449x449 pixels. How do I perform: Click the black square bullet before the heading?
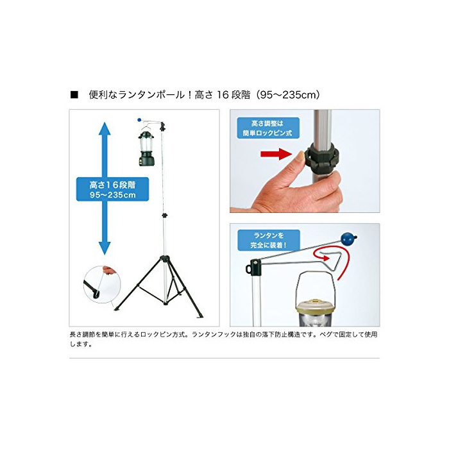pyautogui.click(x=74, y=95)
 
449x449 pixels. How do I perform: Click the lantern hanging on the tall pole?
pyautogui.click(x=146, y=148)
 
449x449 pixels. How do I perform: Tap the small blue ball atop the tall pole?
pyautogui.click(x=139, y=120)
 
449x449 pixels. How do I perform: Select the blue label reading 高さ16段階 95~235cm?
pyautogui.click(x=112, y=189)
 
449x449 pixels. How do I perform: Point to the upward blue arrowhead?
pyautogui.click(x=105, y=128)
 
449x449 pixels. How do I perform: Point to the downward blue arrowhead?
pyautogui.click(x=105, y=248)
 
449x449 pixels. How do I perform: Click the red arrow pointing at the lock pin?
pyautogui.click(x=276, y=155)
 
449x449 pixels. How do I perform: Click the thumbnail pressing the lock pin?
pyautogui.click(x=300, y=156)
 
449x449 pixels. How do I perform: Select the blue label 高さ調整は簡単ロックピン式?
pyautogui.click(x=268, y=128)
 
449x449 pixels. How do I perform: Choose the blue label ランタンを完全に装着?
pyautogui.click(x=269, y=241)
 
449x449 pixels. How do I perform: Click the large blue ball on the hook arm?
pyautogui.click(x=348, y=239)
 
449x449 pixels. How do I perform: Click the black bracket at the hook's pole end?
pyautogui.click(x=253, y=266)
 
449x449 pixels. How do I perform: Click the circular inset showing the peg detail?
pyautogui.click(x=102, y=285)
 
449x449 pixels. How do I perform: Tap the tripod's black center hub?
pyautogui.click(x=165, y=259)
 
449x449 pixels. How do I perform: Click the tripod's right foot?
pyautogui.click(x=200, y=316)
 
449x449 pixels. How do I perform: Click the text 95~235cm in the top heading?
pyautogui.click(x=289, y=95)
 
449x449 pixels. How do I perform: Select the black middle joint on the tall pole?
pyautogui.click(x=165, y=215)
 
